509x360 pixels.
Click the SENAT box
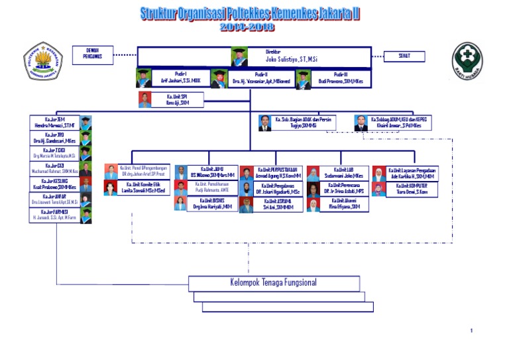(x=404, y=56)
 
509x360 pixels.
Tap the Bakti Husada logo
(x=467, y=62)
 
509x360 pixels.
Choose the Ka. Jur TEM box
(x=58, y=123)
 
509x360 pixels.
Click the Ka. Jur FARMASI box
(x=58, y=215)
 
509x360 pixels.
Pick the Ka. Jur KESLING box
(x=58, y=185)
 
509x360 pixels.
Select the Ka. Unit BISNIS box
(x=211, y=204)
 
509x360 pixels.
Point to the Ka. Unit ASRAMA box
(x=279, y=204)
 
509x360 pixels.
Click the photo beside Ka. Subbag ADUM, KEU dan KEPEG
(x=361, y=123)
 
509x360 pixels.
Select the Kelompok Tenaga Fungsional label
(x=273, y=282)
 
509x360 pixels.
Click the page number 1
(x=471, y=330)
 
